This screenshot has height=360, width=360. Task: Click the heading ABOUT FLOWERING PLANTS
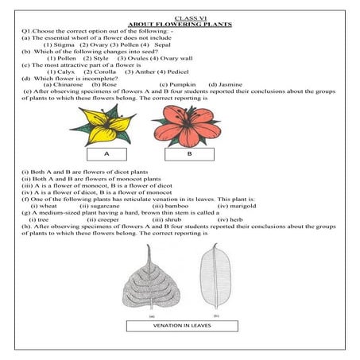point(180,25)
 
